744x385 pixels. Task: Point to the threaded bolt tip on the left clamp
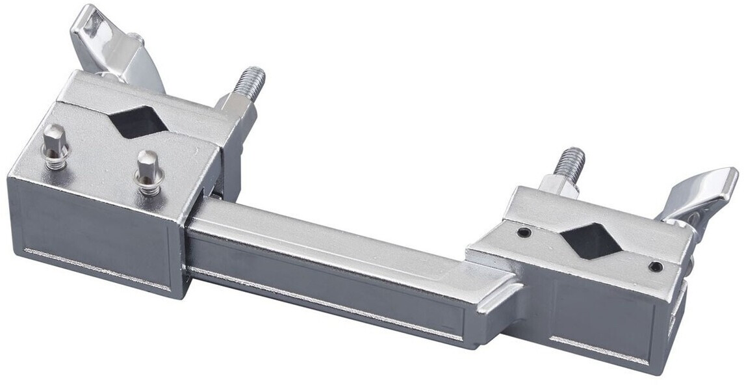252,81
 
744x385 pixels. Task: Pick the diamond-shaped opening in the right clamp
589,240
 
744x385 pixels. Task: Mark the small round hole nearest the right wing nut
656,266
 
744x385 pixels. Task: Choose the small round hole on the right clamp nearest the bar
524,232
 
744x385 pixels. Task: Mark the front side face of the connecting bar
325,293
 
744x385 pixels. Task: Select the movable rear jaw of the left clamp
149,98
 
